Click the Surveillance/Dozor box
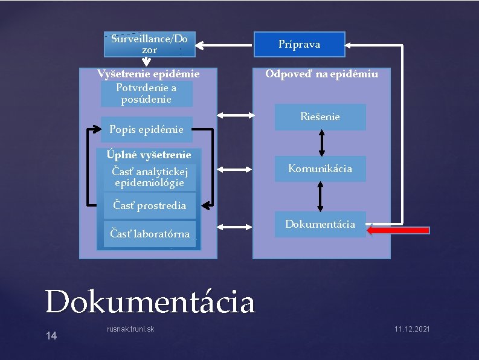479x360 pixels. [149, 44]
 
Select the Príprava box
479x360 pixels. [299, 44]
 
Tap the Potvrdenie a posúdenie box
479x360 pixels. [146, 94]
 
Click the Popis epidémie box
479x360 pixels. [146, 129]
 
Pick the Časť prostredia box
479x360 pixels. [149, 206]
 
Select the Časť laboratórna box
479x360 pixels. [149, 234]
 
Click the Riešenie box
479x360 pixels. [320, 117]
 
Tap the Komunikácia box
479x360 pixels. [320, 169]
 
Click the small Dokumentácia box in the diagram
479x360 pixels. [320, 224]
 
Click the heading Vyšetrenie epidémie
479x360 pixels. [149, 74]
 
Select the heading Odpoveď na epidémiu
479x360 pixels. [322, 74]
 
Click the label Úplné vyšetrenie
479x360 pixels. [149, 155]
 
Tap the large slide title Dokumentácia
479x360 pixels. [150, 301]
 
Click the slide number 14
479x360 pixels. [51, 336]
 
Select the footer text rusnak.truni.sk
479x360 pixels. [130, 329]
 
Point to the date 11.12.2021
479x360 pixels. [412, 329]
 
